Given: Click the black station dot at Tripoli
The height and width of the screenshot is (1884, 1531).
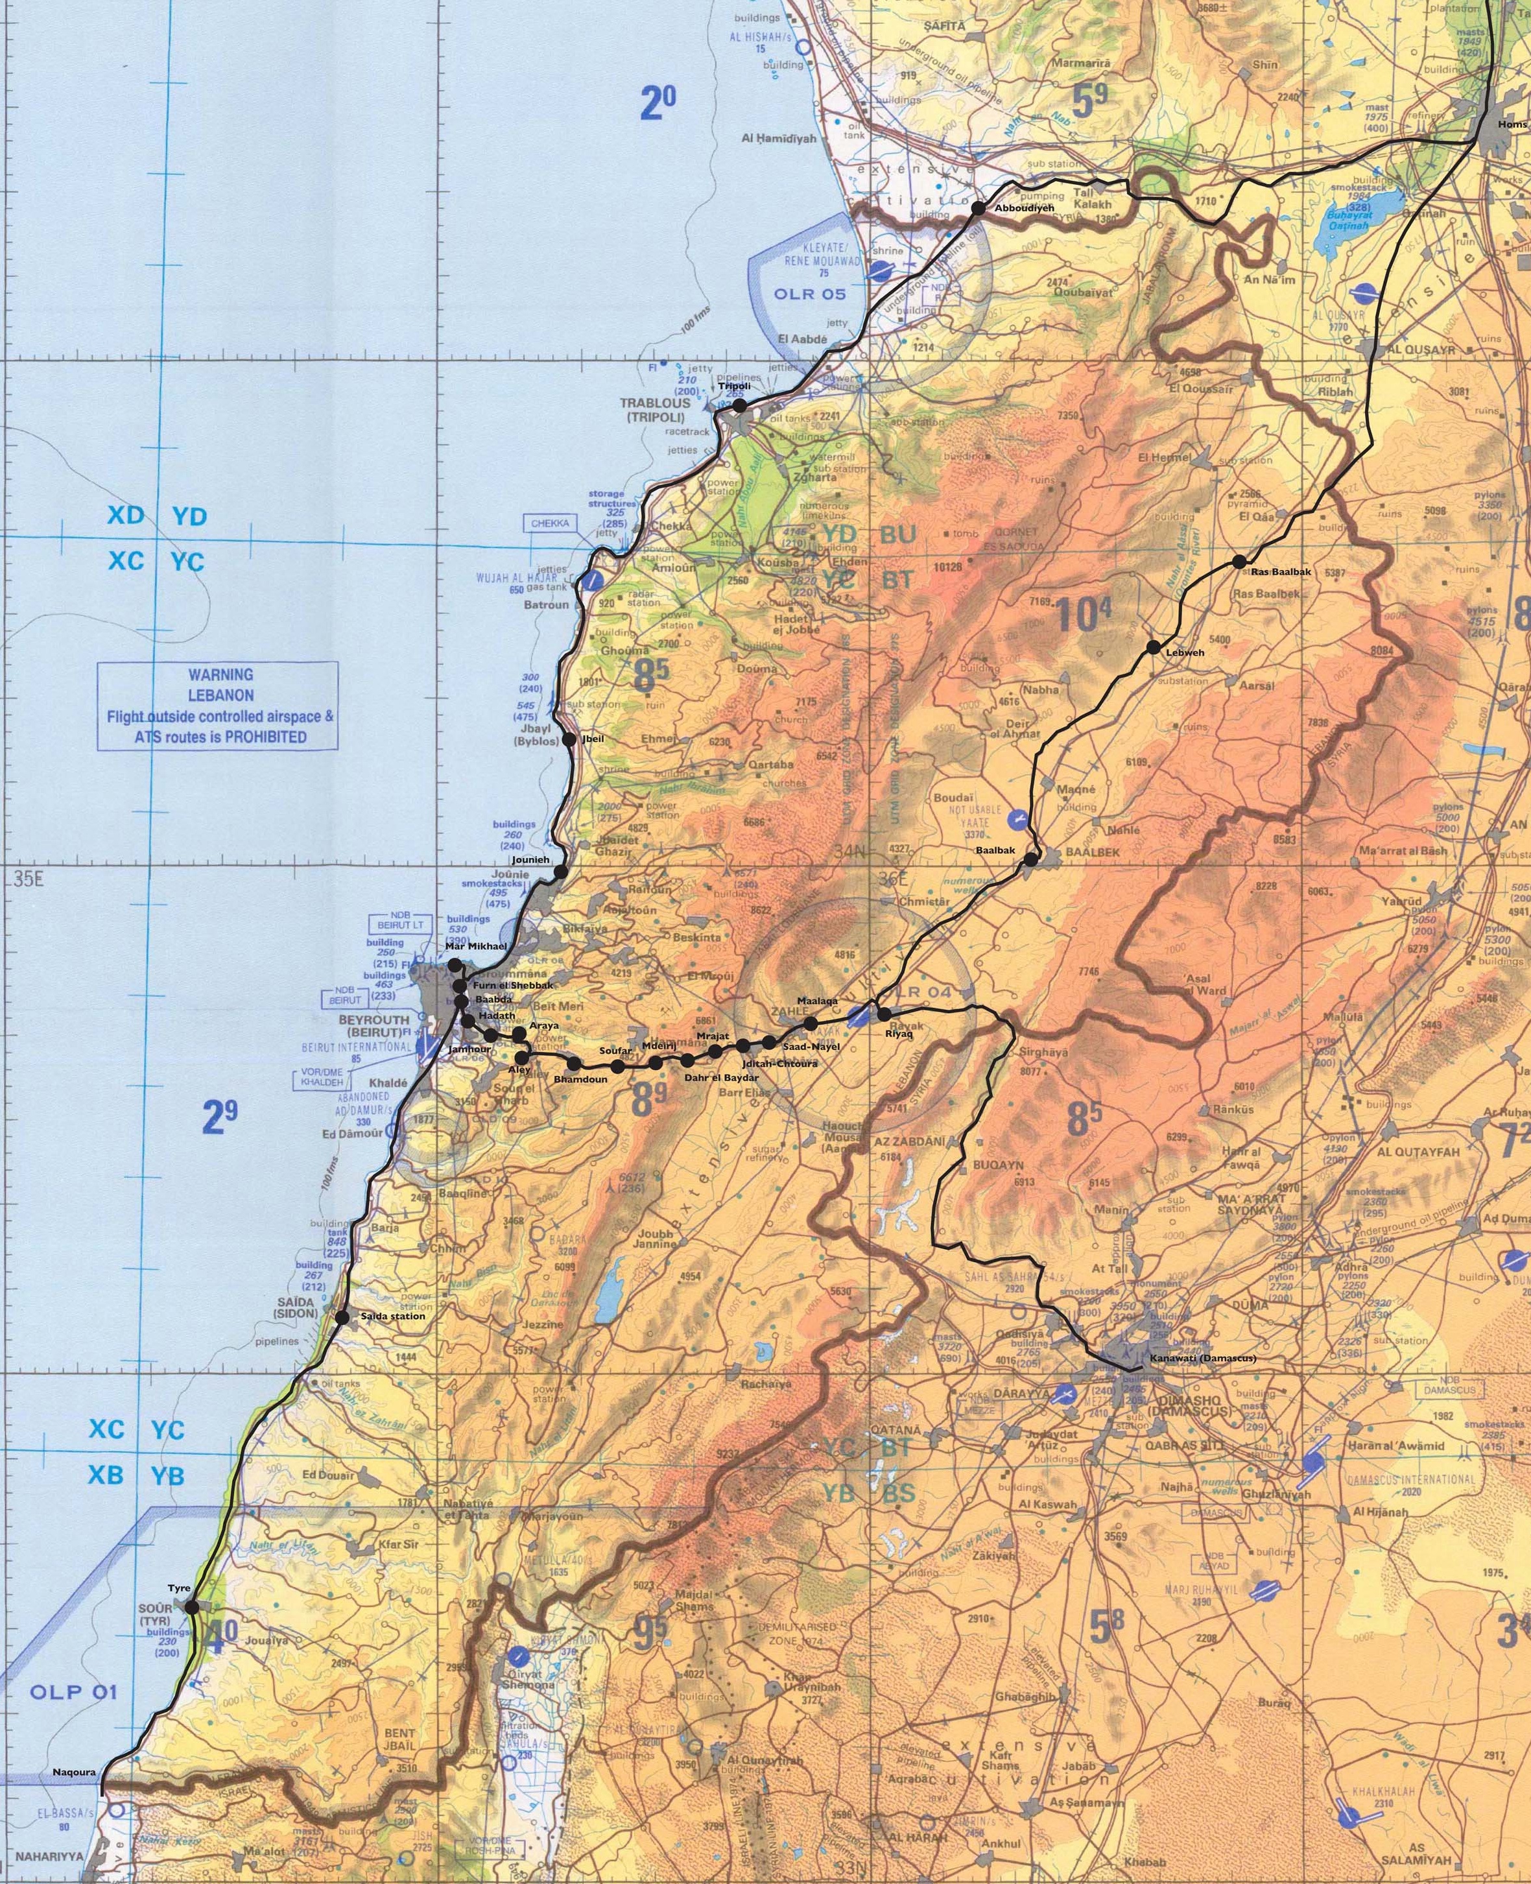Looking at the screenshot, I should (x=740, y=405).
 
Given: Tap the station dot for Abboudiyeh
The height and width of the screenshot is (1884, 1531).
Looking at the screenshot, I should (x=977, y=209).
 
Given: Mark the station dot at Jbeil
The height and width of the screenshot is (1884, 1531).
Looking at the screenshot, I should (x=569, y=739).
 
